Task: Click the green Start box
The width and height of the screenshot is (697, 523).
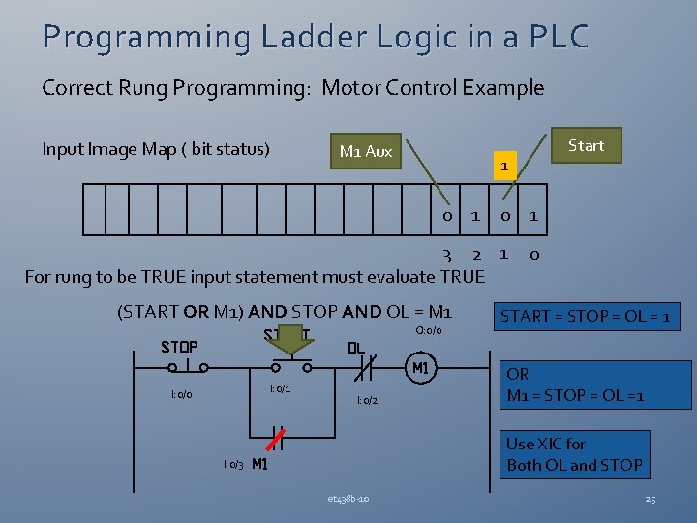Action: [586, 146]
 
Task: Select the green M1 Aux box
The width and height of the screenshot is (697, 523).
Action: [366, 151]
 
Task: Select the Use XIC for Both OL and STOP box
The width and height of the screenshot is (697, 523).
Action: [574, 454]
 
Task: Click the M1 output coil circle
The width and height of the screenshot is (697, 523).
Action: [420, 368]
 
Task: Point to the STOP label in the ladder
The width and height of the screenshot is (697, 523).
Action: [179, 346]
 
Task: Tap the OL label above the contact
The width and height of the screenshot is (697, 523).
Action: [356, 348]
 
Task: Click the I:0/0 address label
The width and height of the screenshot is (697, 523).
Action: [181, 395]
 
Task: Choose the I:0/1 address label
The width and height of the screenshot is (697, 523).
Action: [280, 388]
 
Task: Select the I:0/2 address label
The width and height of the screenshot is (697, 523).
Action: [367, 400]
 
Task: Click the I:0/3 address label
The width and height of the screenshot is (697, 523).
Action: [232, 465]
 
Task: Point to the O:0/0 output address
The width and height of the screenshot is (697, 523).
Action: [428, 331]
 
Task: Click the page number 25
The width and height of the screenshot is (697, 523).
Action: [650, 499]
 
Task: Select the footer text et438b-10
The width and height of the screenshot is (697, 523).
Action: [348, 499]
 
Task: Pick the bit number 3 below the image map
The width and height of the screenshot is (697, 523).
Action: [447, 255]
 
